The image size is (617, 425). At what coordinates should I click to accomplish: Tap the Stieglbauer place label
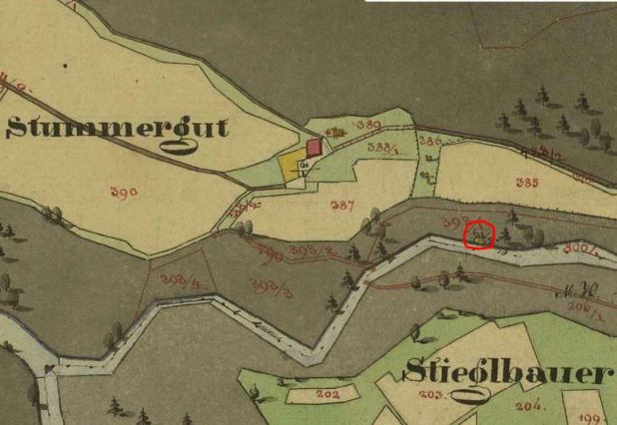pyautogui.click(x=507, y=373)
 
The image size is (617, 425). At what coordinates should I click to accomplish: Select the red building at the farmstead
pyautogui.click(x=313, y=148)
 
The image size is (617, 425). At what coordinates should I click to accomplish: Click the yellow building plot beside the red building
pyautogui.click(x=290, y=167)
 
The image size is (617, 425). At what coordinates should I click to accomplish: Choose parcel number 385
pyautogui.click(x=527, y=183)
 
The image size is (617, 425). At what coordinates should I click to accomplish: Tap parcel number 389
pyautogui.click(x=370, y=124)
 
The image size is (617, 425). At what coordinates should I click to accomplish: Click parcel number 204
pyautogui.click(x=531, y=405)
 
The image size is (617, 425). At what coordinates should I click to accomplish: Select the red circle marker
pyautogui.click(x=481, y=236)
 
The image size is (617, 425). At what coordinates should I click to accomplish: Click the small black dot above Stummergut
pyautogui.click(x=66, y=66)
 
